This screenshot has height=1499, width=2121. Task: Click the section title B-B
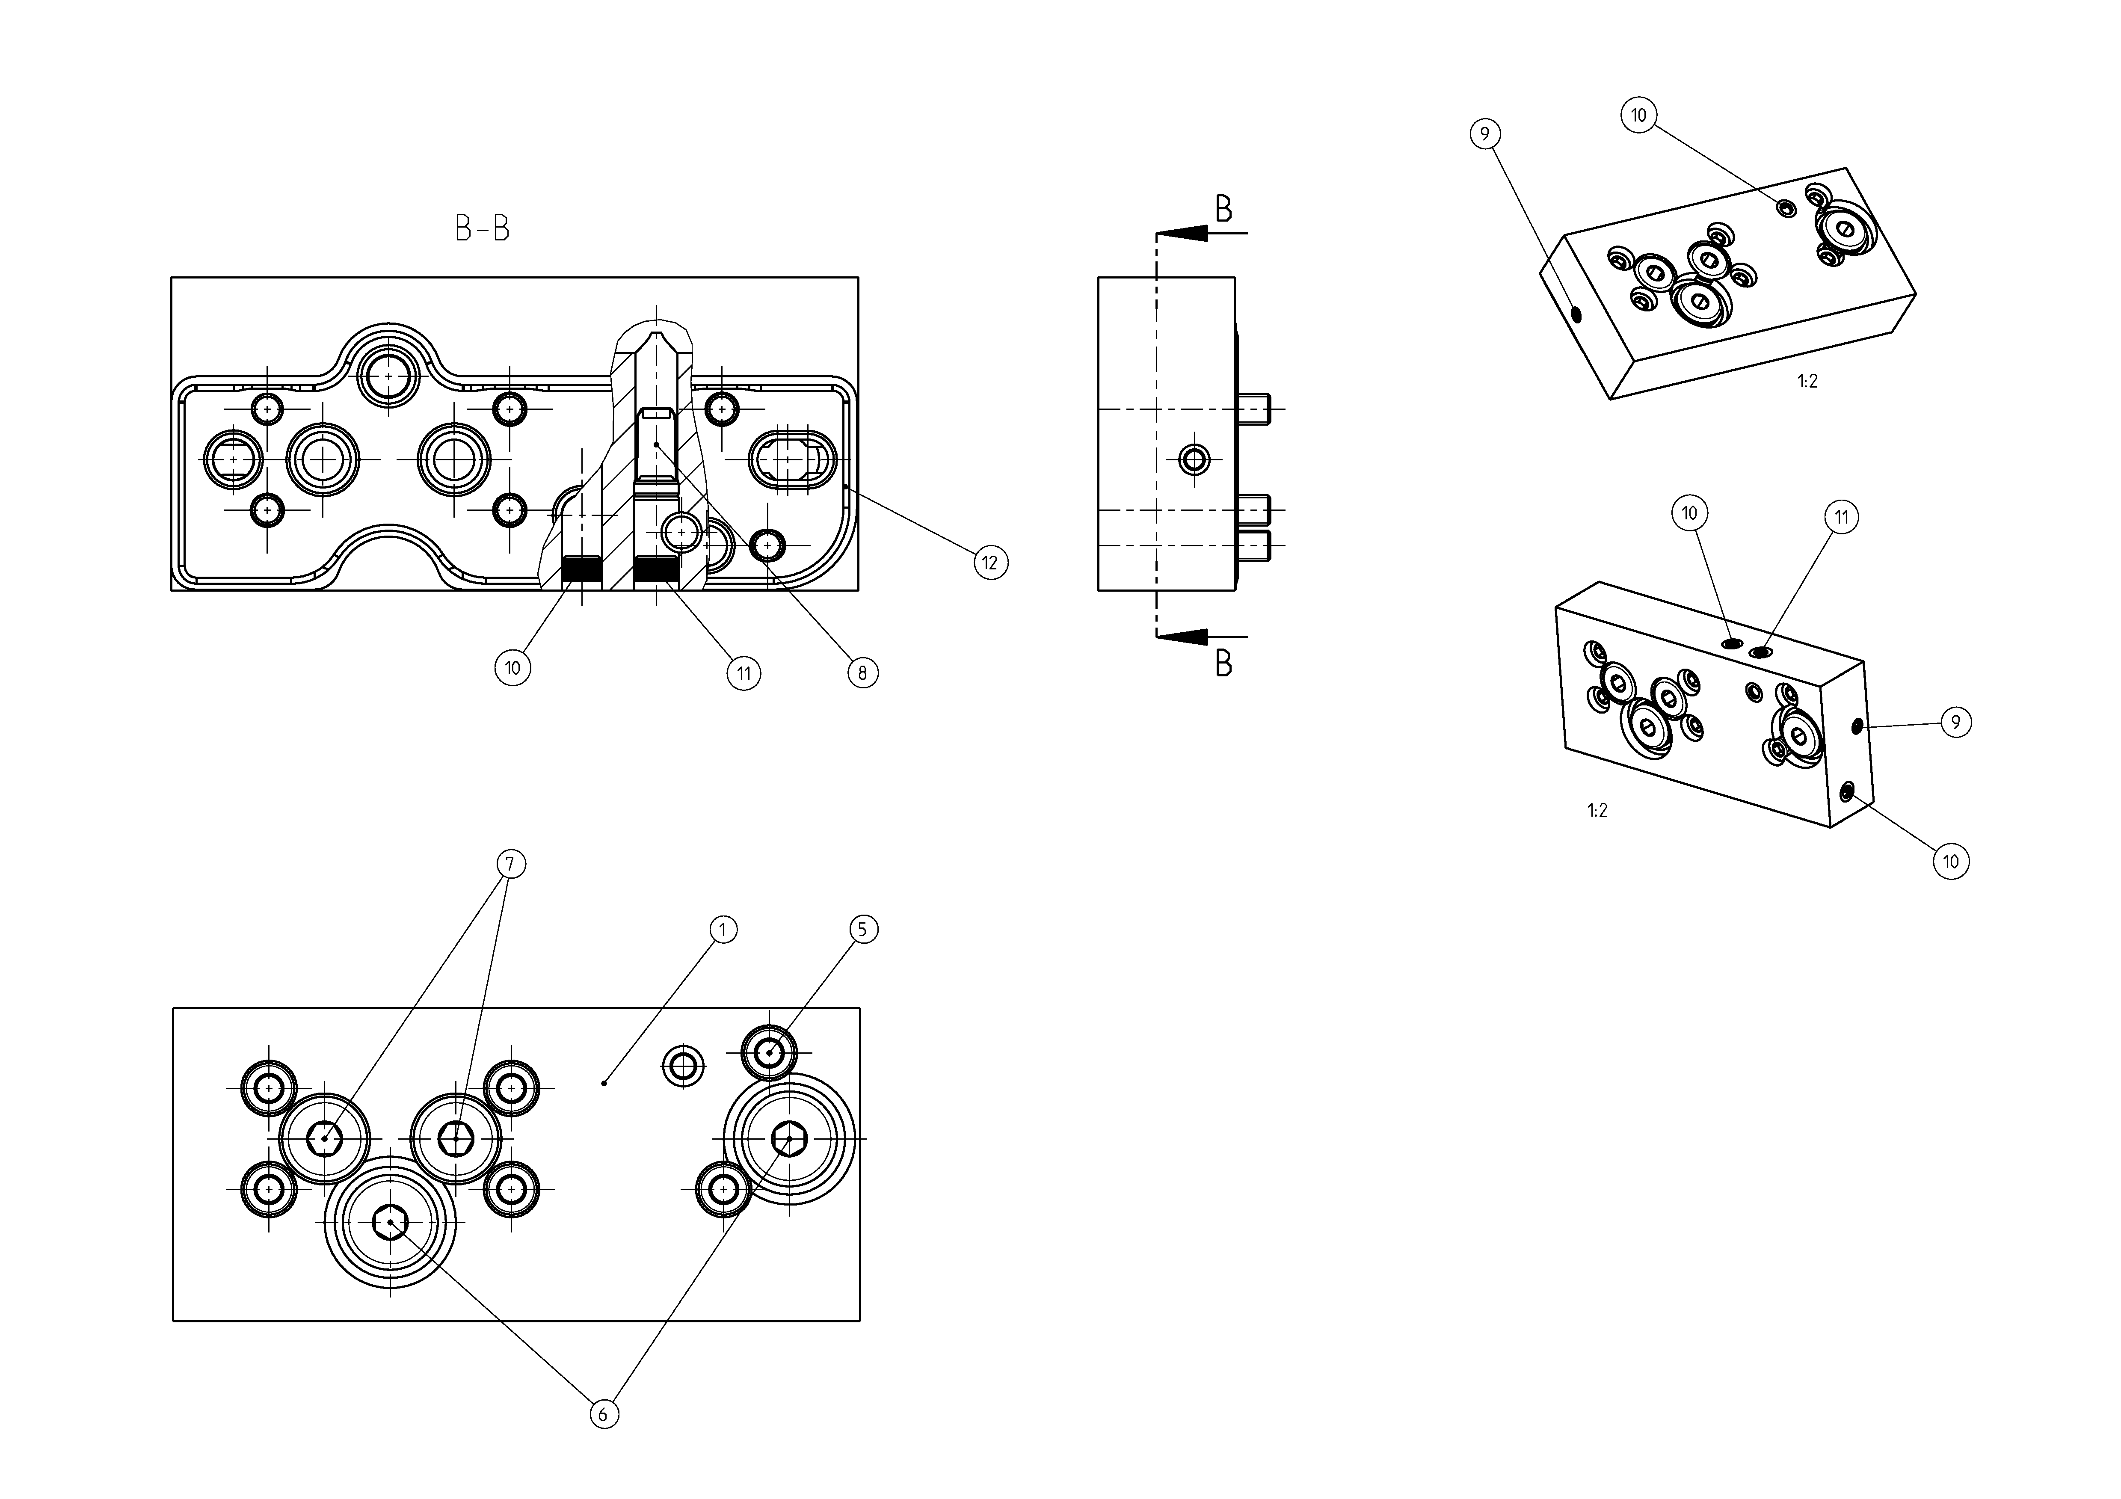pyautogui.click(x=482, y=228)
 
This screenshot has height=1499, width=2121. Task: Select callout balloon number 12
pyautogui.click(x=990, y=563)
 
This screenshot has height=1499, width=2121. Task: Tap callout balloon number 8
pyautogui.click(x=863, y=673)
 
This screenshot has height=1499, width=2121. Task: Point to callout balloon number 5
pyautogui.click(x=863, y=929)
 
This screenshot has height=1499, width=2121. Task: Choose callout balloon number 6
pyautogui.click(x=604, y=1414)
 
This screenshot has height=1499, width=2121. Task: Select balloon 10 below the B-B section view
pyautogui.click(x=512, y=668)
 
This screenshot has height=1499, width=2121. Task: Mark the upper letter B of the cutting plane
pyautogui.click(x=1223, y=210)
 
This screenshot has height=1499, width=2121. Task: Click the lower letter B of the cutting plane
pyautogui.click(x=1223, y=663)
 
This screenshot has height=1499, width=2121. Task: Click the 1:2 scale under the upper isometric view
pyautogui.click(x=1808, y=382)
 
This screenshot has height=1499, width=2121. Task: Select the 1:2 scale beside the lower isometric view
pyautogui.click(x=1597, y=811)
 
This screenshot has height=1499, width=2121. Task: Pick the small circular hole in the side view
pyautogui.click(x=1194, y=458)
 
